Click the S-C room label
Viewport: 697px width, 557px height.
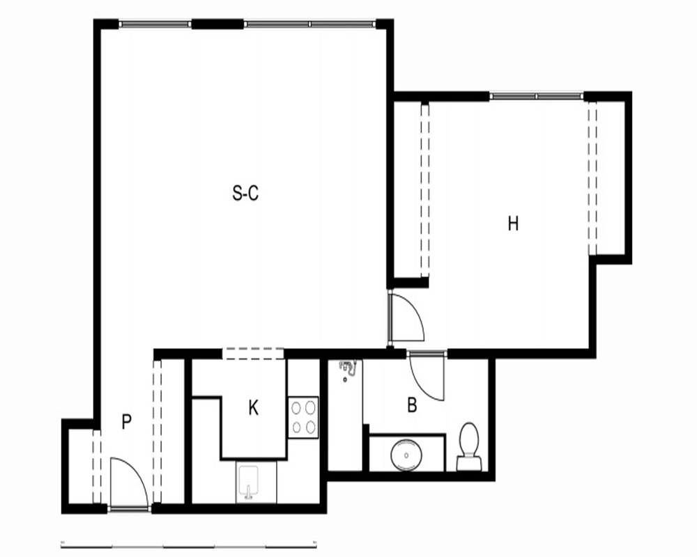point(245,194)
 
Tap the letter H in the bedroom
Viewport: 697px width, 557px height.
point(513,223)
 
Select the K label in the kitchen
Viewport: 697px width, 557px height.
point(254,407)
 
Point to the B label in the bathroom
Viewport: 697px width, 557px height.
point(412,405)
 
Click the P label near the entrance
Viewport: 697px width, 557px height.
point(127,421)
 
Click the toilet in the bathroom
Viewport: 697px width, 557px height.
point(469,446)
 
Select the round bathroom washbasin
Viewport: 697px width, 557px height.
point(407,455)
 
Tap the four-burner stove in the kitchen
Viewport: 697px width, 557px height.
point(303,417)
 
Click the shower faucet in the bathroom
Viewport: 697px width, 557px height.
point(348,370)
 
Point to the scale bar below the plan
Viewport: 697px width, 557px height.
point(188,544)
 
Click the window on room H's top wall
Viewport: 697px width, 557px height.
point(537,96)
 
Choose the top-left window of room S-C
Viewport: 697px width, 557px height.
point(155,24)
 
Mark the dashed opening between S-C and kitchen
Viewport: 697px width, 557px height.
point(253,354)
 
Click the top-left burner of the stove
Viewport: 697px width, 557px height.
point(297,407)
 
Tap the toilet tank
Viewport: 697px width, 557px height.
point(469,463)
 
